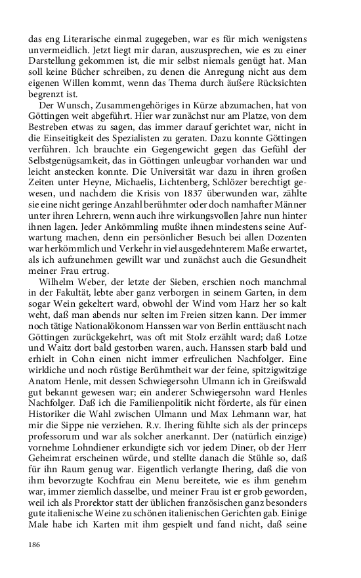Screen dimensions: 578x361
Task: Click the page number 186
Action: (35, 545)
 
